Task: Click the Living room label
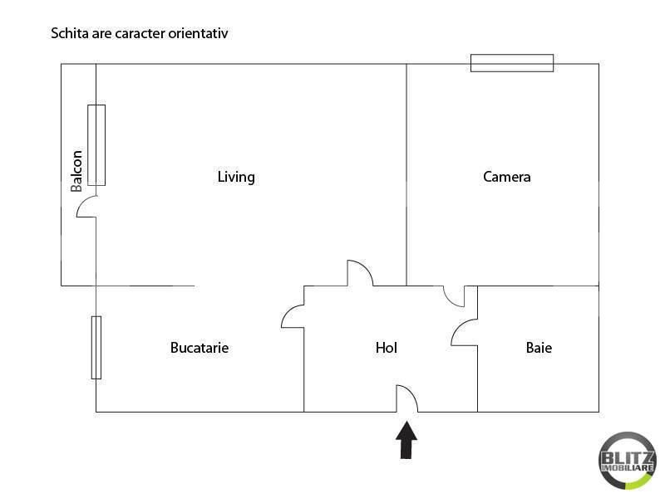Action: tap(236, 177)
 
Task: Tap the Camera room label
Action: tap(506, 177)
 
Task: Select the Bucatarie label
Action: tap(199, 348)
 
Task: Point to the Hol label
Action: tap(387, 348)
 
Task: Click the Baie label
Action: tap(539, 348)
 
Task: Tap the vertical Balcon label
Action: tap(76, 170)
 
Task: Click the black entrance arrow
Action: tap(406, 440)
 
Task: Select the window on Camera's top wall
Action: tap(511, 63)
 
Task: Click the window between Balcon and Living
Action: tap(96, 144)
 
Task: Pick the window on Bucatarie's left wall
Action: tap(96, 347)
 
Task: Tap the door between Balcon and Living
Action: tap(87, 207)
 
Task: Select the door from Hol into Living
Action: tap(359, 273)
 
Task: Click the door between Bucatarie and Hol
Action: tap(293, 315)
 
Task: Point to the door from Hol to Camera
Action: tap(454, 296)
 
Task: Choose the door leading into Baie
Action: tap(465, 332)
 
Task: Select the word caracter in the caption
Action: tap(138, 34)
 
